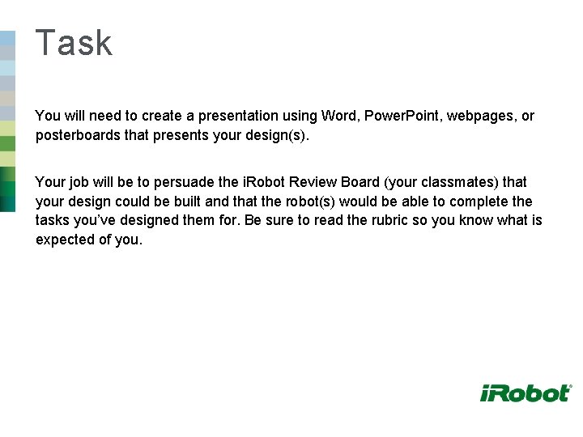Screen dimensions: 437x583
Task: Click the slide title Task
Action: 74,43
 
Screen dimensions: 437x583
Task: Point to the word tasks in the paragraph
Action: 53,221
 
